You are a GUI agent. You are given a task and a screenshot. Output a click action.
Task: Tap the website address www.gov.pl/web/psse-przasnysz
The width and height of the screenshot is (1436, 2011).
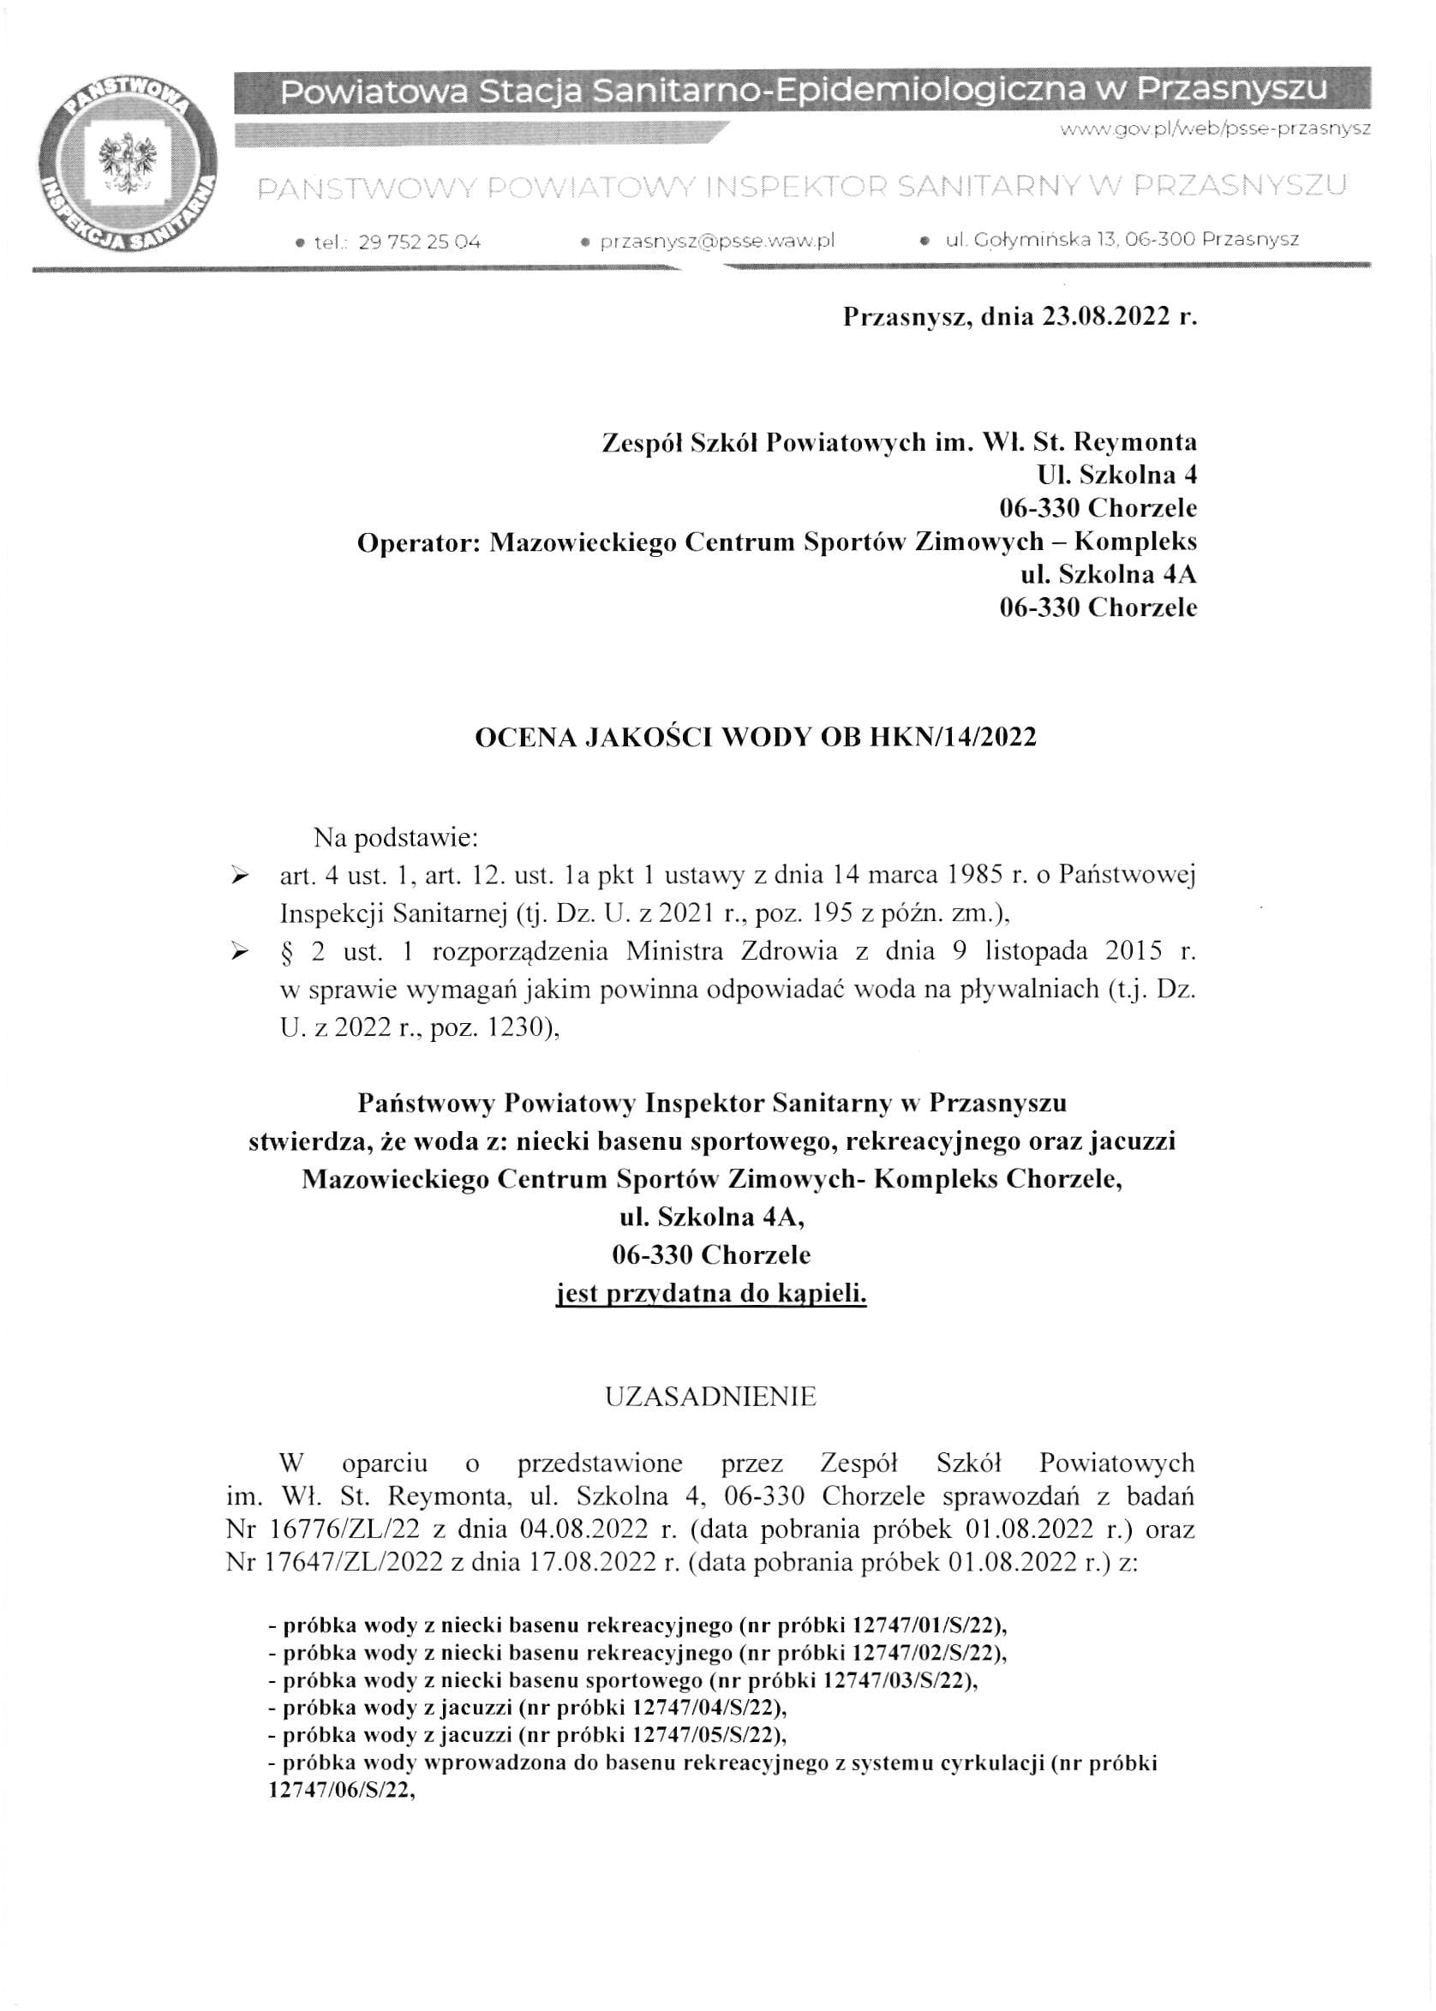point(1215,129)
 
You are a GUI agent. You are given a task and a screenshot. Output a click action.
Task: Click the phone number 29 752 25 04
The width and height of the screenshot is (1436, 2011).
point(419,242)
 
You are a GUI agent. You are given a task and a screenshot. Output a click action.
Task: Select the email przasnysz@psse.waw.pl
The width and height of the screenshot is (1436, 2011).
point(717,241)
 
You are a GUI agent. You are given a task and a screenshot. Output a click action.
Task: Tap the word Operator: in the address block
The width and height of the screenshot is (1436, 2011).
point(417,542)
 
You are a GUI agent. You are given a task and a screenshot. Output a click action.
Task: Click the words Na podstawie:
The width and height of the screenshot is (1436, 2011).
point(395,836)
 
